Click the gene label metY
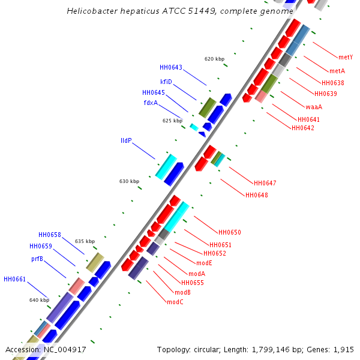[x=346, y=58]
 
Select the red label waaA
[x=314, y=107]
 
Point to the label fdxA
[x=151, y=103]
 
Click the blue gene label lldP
[x=126, y=140]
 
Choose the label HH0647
[x=265, y=183]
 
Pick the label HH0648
[x=256, y=195]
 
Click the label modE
[x=204, y=263]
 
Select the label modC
[x=175, y=302]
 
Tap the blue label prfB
[x=37, y=259]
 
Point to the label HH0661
[x=14, y=279]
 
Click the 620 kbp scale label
[x=214, y=59]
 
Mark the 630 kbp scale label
[x=129, y=181]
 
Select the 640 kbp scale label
[x=39, y=300]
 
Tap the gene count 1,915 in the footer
[x=343, y=349]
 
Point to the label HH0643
[x=171, y=67]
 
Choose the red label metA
[x=337, y=71]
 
